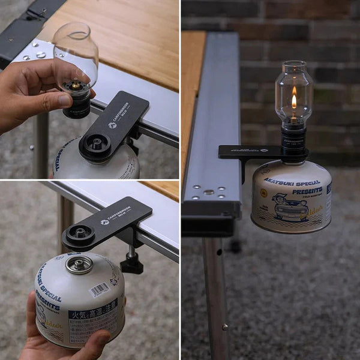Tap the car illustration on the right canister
(290, 206)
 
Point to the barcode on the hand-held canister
(100, 290)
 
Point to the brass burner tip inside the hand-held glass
(76, 85)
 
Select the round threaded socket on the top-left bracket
(96, 143)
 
